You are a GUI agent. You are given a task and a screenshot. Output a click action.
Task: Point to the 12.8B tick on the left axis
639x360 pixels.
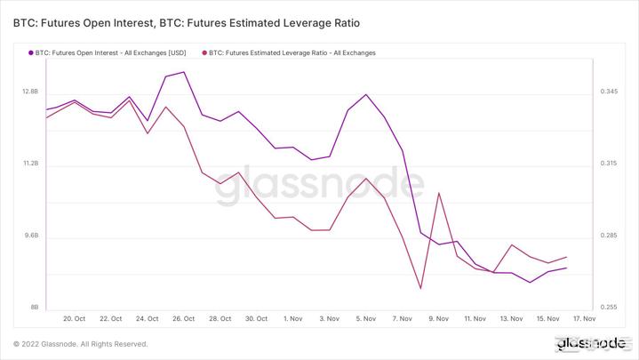pos(29,92)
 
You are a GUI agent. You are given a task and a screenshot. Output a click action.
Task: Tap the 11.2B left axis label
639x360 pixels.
pos(29,164)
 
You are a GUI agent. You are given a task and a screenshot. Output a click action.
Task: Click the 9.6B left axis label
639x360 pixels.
pos(30,236)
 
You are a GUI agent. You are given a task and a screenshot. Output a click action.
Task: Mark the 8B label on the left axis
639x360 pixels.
pos(35,308)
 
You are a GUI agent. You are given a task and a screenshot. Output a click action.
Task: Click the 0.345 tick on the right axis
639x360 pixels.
pos(609,92)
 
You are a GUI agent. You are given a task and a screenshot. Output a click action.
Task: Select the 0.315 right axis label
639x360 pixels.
pos(609,164)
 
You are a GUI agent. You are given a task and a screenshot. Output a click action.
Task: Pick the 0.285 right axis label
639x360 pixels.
pos(609,236)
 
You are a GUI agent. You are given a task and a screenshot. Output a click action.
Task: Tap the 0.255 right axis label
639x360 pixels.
pos(609,308)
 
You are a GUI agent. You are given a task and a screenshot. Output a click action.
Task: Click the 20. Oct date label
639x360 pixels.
pos(75,318)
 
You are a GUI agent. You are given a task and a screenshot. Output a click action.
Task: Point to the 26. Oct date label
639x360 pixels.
pos(184,318)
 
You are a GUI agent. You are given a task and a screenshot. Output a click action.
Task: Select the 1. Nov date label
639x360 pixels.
pos(293,318)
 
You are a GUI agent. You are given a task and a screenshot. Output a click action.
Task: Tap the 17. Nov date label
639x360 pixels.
pos(583,318)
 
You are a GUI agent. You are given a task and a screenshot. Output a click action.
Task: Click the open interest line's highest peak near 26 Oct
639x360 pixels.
pos(183,72)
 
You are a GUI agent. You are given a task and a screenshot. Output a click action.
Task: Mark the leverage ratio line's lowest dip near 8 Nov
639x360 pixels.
pos(420,288)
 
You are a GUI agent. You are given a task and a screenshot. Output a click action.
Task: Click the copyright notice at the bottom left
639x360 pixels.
pos(81,344)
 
